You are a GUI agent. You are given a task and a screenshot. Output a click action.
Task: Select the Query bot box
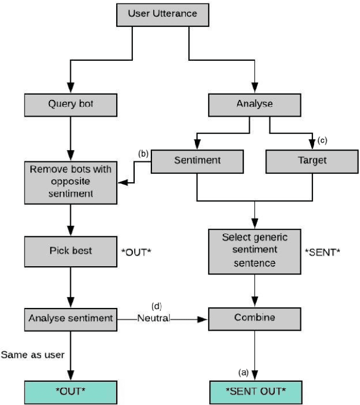[x=71, y=104]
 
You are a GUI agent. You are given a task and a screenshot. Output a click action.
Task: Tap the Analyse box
[x=255, y=104]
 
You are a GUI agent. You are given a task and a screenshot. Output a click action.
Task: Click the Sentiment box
[x=198, y=161]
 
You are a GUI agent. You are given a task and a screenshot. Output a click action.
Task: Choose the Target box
[x=312, y=161]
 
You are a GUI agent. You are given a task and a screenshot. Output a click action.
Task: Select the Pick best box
[x=71, y=251]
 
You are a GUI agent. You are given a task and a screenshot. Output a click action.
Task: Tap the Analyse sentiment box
[x=71, y=318]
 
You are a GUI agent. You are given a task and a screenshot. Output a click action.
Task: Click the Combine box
[x=255, y=318]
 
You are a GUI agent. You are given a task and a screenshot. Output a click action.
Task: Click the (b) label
[x=143, y=153]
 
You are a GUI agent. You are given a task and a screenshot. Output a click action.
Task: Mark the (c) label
[x=322, y=141]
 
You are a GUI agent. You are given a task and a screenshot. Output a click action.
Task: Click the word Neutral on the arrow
[x=154, y=318]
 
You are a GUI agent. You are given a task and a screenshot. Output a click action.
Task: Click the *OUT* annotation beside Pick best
[x=136, y=251]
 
